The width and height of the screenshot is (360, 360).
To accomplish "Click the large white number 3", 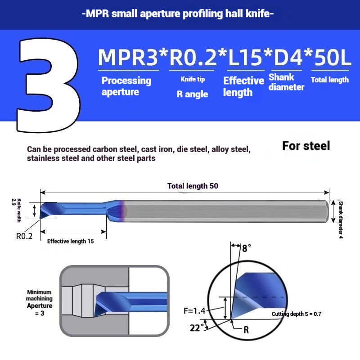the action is [49, 85].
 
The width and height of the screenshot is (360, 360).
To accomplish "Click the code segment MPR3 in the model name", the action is [128, 57].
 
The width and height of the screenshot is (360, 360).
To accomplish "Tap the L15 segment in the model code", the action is [245, 57].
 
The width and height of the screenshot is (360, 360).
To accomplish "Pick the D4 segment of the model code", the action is [288, 57].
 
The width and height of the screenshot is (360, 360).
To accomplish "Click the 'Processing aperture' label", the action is [126, 86].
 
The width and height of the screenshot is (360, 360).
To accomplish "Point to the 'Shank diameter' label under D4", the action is [286, 82].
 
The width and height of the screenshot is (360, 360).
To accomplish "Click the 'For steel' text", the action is [306, 145].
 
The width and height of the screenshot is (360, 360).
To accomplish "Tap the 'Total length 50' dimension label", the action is [193, 186].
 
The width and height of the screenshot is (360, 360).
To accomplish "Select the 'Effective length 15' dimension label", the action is [71, 241].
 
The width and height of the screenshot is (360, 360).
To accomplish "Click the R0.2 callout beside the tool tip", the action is [24, 236].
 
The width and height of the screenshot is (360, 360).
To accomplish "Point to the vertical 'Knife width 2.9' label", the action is [17, 210].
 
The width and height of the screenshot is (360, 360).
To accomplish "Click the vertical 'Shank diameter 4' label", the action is [341, 220].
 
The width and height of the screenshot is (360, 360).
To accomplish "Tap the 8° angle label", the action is [247, 248].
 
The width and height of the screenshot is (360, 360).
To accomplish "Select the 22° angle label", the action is [197, 328].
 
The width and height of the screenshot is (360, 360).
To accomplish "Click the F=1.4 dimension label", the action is [194, 310].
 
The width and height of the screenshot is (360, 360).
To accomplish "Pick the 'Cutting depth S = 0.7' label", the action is [297, 314].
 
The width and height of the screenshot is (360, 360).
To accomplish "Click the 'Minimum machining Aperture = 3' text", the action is [39, 302].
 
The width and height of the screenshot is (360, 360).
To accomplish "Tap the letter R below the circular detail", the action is [246, 330].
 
